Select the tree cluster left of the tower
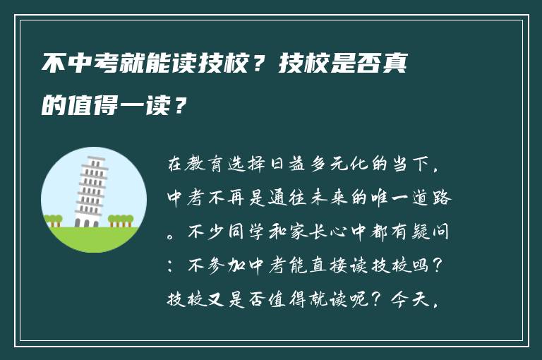(54, 221)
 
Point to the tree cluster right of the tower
(121, 221)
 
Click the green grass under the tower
(92, 239)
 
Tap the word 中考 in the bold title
(76, 66)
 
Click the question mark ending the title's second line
(181, 107)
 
